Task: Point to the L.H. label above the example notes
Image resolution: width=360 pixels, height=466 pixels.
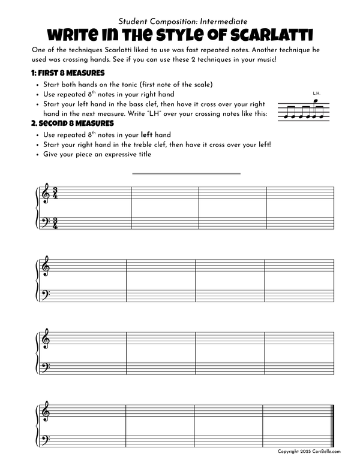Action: [317, 93]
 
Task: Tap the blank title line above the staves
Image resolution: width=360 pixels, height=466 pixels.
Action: [186, 173]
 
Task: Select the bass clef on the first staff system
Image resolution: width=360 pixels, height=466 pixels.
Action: [44, 224]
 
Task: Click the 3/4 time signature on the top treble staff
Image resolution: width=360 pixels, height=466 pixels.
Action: [55, 194]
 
